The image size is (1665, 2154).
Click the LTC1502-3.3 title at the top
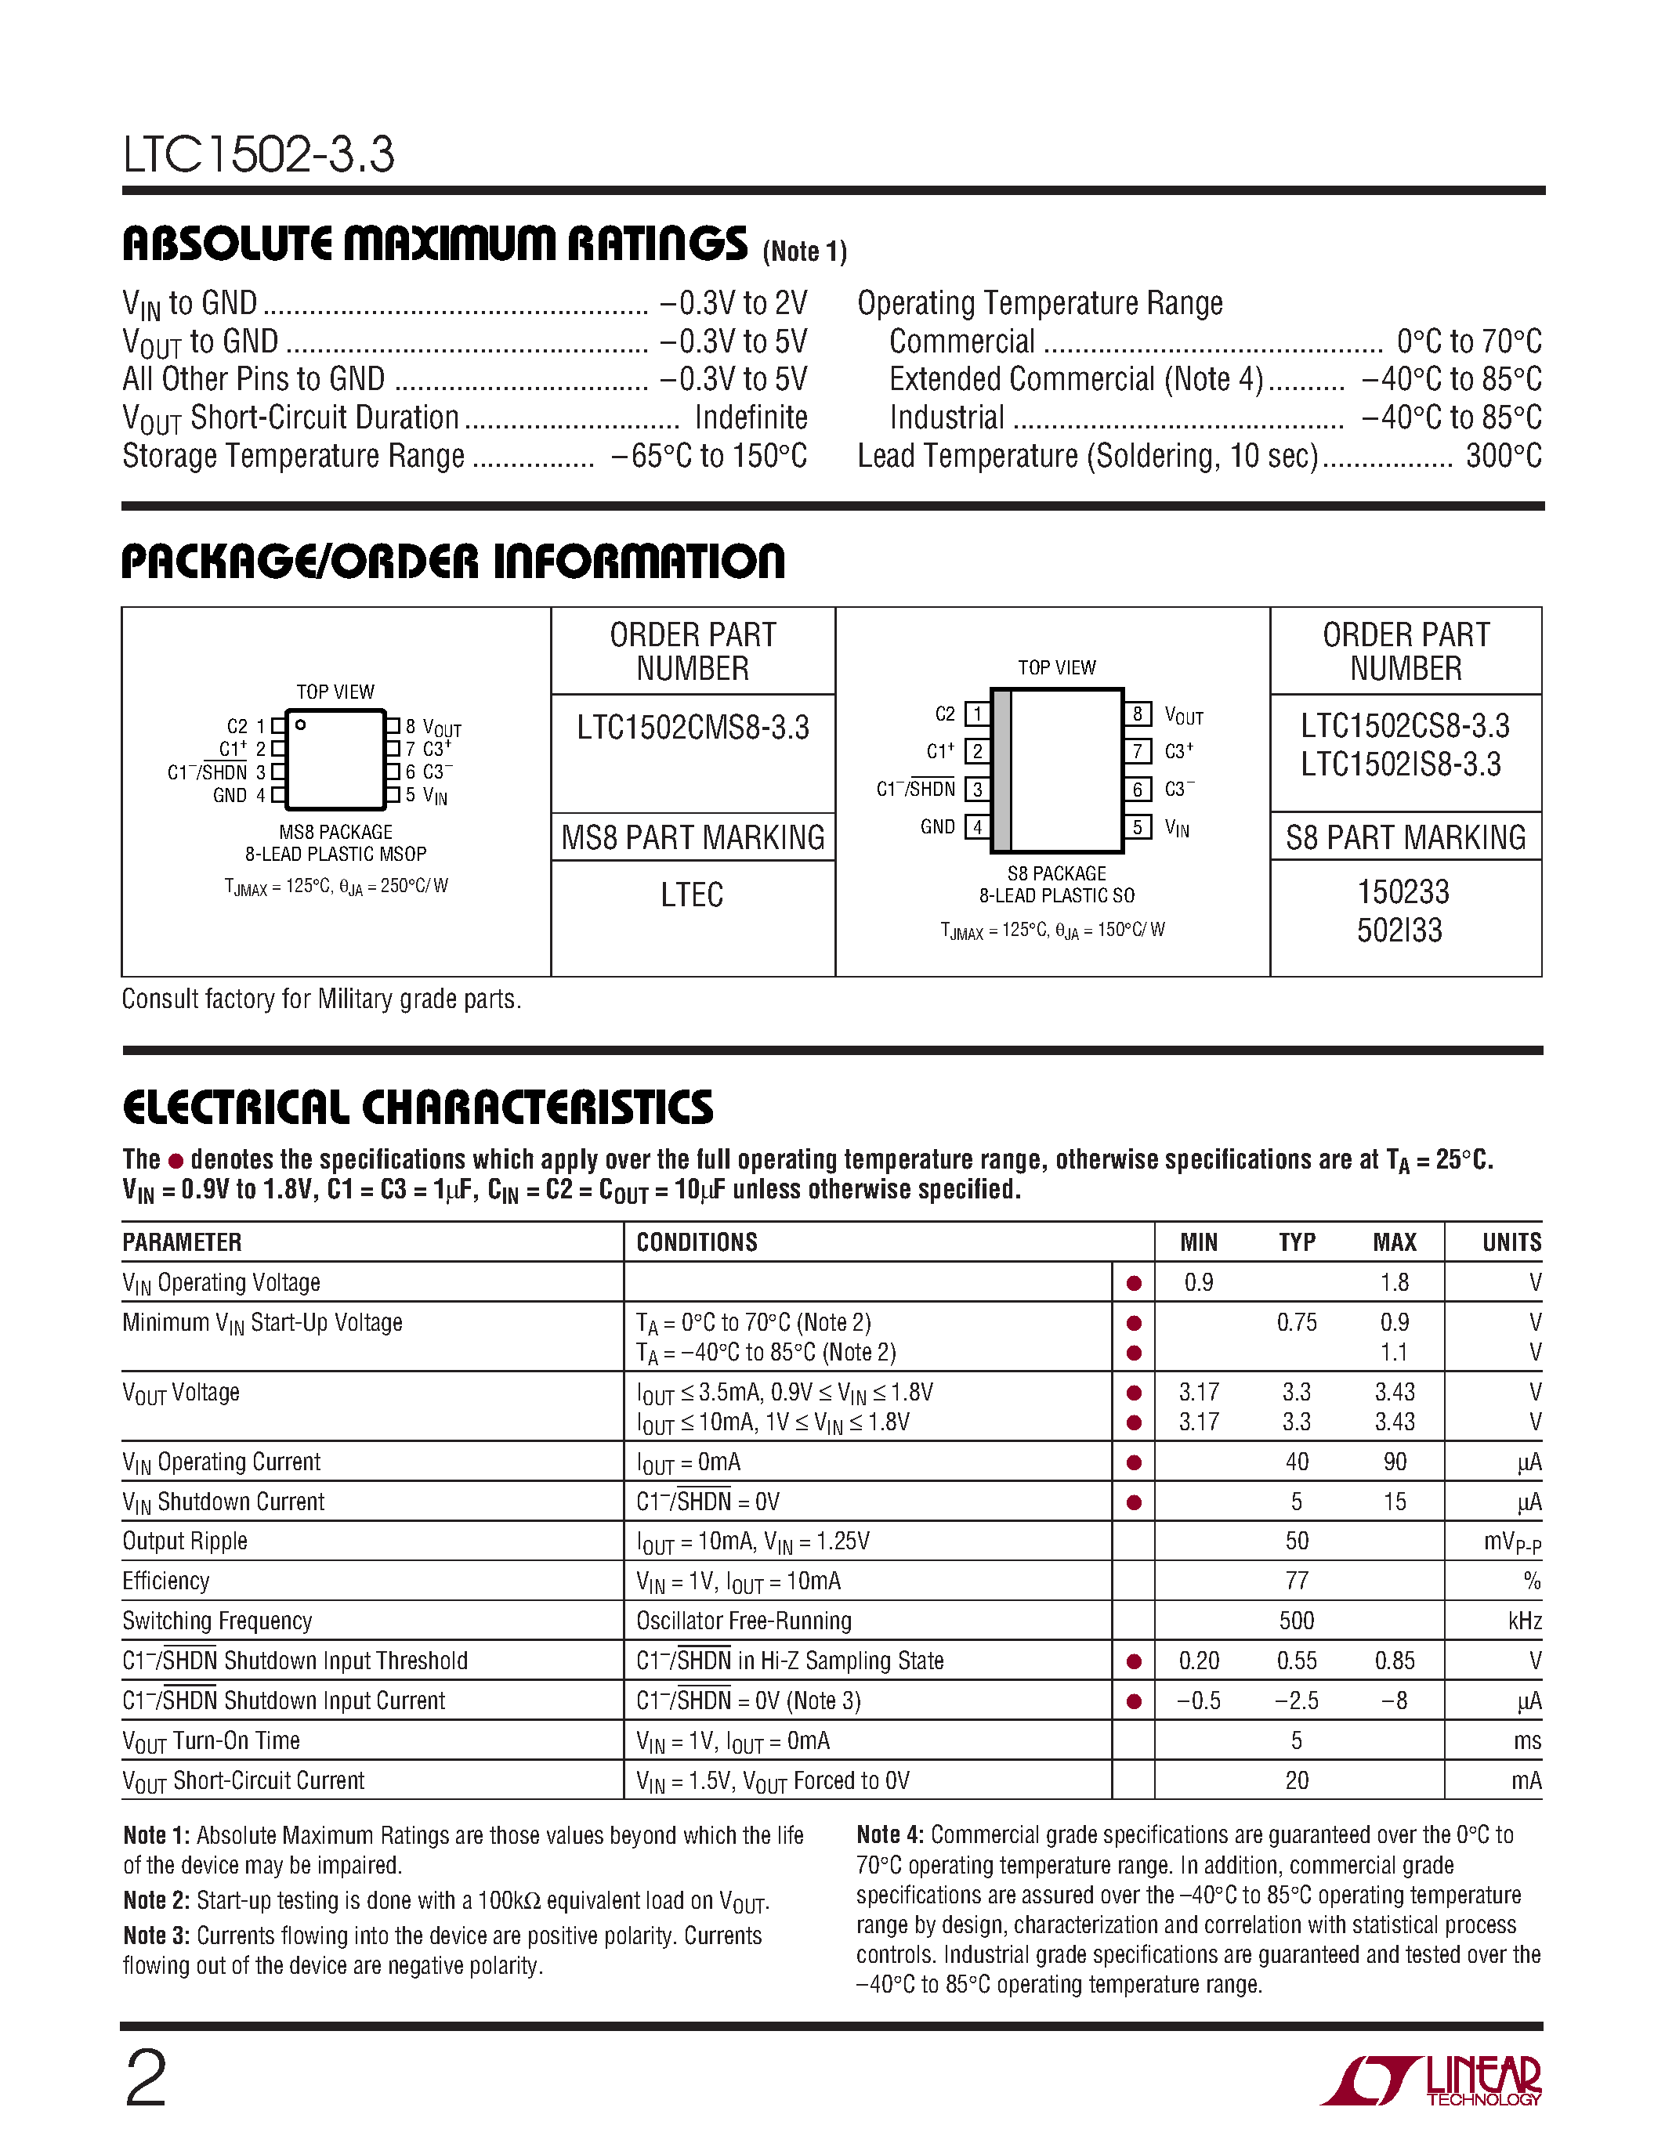(x=259, y=155)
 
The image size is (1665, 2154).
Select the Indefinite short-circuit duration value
(x=751, y=418)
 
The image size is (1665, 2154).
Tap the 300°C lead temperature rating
(x=1504, y=457)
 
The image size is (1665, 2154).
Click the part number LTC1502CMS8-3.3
(x=693, y=728)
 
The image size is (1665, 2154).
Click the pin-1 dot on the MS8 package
(x=301, y=725)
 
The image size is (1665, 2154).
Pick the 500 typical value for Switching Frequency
(x=1296, y=1621)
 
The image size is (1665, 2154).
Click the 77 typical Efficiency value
(x=1296, y=1581)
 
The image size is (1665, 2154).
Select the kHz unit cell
(x=1524, y=1621)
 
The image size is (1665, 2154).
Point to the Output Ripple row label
(x=184, y=1541)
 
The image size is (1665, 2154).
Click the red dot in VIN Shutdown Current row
(x=1133, y=1502)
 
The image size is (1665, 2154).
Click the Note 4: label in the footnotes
(x=889, y=1834)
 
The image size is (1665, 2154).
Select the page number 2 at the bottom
(x=146, y=2078)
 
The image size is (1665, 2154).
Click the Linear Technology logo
(x=1430, y=2081)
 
